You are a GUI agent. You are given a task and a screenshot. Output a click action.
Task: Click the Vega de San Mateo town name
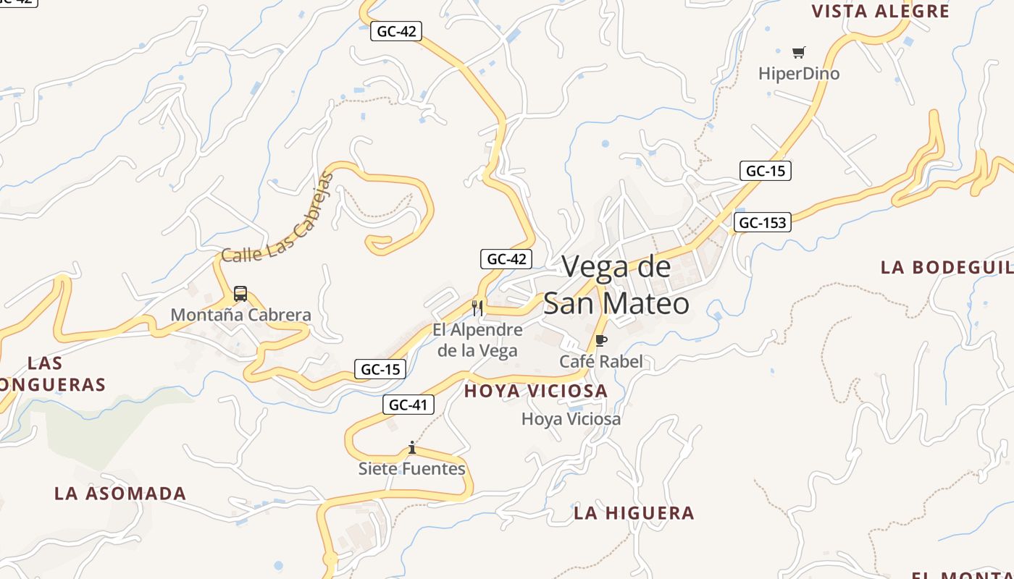coord(616,285)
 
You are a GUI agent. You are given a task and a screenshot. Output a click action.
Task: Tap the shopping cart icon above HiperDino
coord(798,52)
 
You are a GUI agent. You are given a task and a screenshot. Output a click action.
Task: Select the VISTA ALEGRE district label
coord(880,12)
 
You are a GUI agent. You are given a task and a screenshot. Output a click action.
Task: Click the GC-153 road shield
coord(762,222)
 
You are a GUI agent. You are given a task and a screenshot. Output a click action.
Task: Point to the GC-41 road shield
coord(408,405)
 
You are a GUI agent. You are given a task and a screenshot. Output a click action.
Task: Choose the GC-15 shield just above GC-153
coord(765,171)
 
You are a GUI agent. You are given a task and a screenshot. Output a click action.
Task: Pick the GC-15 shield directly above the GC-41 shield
coord(380,369)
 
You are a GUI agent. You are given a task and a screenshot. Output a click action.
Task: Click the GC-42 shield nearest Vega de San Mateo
coord(506,259)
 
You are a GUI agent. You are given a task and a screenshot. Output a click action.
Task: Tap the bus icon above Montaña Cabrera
coord(240,295)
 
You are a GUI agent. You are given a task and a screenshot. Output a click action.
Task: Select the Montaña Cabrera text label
coord(240,315)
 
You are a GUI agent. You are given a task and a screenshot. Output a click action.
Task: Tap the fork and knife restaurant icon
coord(477,308)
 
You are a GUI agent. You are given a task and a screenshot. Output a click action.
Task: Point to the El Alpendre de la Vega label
coord(477,340)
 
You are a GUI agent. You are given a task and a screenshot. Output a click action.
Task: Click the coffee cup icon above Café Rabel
coord(600,341)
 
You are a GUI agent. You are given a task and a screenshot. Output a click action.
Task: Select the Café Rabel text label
coord(600,361)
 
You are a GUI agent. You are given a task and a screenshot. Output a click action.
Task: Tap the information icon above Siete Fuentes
coord(412,448)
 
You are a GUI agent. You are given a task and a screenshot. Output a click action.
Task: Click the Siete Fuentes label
coord(412,469)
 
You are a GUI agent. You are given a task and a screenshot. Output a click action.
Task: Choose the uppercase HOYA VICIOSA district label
coord(535,391)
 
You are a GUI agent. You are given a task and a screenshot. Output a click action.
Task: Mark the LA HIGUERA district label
coord(634,513)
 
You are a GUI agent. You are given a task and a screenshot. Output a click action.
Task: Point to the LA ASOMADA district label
coord(120,494)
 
